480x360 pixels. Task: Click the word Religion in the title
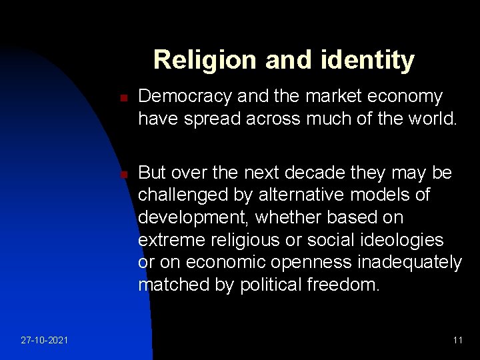(x=193, y=61)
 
